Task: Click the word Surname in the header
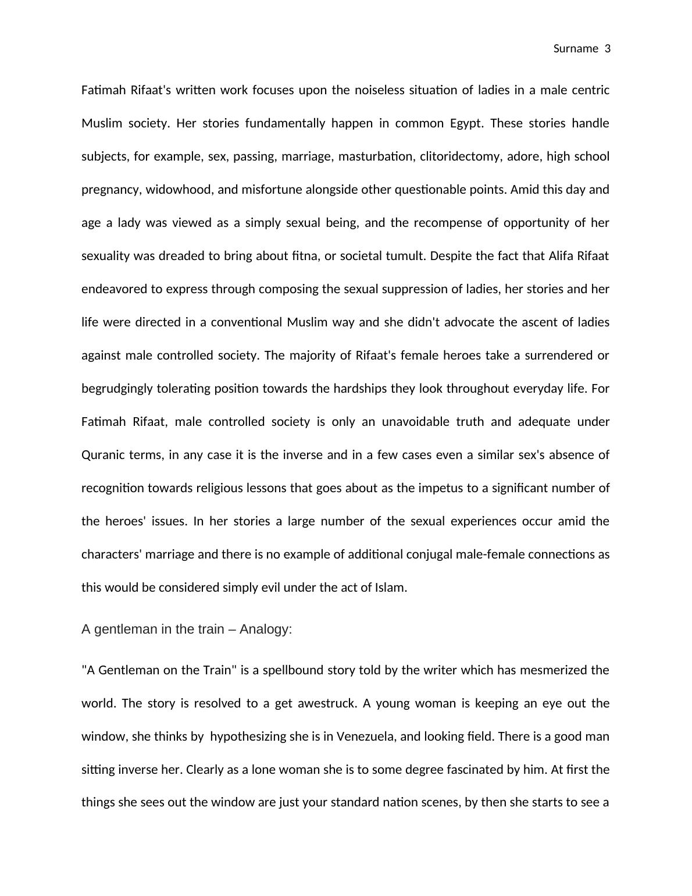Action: [576, 49]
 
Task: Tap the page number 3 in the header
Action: [608, 49]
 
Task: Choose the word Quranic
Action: [104, 455]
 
